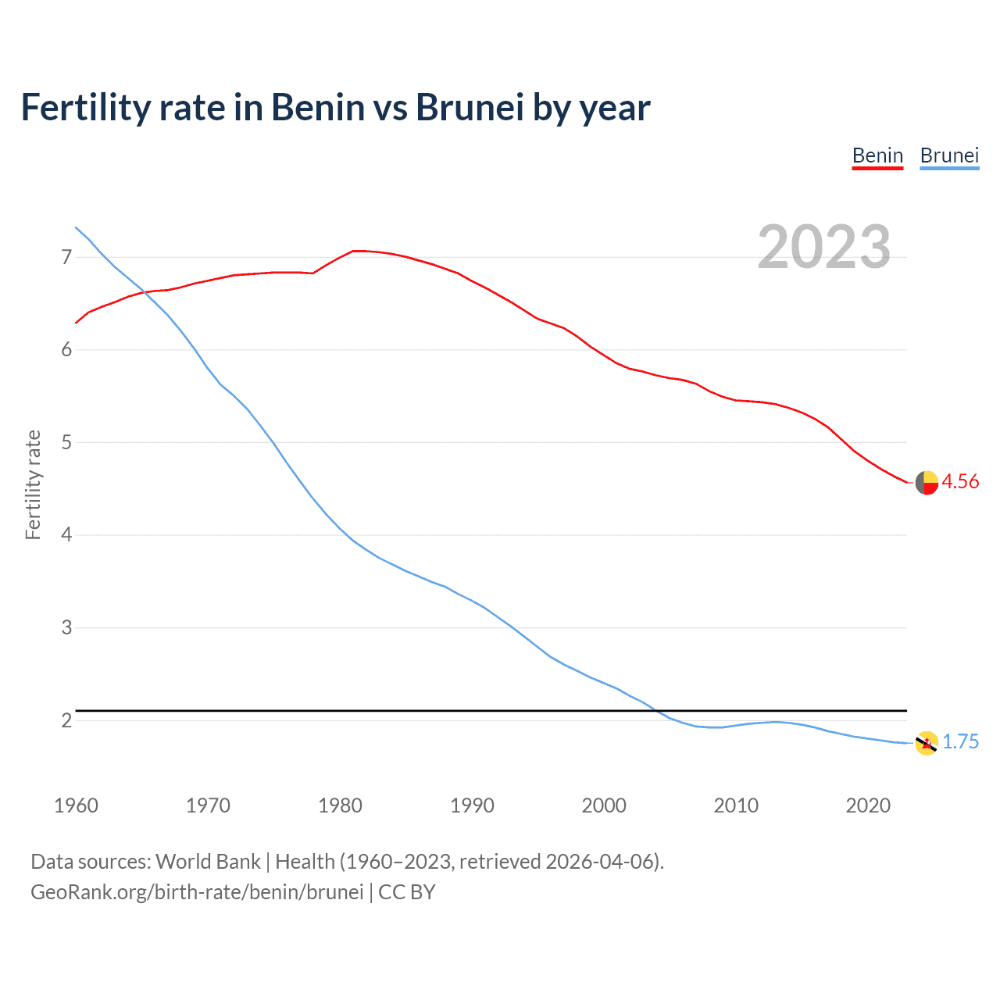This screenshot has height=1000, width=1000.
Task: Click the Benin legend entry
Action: point(877,155)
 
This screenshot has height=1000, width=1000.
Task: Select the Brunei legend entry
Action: point(949,155)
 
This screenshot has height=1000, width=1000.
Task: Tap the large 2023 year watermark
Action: point(823,247)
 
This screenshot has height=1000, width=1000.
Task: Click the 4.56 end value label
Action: point(960,482)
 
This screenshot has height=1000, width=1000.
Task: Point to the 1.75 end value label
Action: point(960,742)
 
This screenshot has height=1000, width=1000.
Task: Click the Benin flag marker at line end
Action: point(927,483)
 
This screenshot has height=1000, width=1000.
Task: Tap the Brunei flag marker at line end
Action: point(927,743)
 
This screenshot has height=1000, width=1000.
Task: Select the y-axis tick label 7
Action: point(66,257)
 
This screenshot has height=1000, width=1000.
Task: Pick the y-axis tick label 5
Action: point(66,442)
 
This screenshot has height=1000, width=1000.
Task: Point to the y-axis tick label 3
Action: point(66,627)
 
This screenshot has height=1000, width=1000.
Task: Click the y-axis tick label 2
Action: point(66,720)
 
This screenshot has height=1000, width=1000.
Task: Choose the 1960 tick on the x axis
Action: point(76,805)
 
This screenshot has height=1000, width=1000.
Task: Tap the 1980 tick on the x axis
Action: point(340,805)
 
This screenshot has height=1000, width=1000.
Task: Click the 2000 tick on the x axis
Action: point(604,805)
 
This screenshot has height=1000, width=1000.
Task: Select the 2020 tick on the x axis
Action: point(868,805)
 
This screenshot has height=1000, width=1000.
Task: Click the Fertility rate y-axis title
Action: point(33,484)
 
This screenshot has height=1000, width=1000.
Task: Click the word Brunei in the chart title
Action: point(469,108)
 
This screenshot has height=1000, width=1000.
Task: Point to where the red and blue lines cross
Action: point(144,291)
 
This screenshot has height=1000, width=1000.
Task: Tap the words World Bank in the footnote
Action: point(208,862)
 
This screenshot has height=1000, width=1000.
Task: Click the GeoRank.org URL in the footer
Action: point(197,892)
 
